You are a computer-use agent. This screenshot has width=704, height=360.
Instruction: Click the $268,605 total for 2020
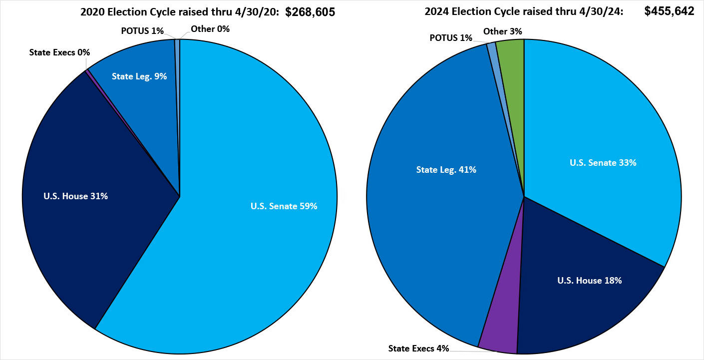point(310,12)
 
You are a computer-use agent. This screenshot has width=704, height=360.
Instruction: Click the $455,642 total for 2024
point(669,11)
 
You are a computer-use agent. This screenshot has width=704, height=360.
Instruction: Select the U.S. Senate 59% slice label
point(284,206)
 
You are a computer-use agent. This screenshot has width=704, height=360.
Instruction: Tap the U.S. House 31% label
point(75,196)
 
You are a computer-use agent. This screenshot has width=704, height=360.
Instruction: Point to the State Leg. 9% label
point(132,76)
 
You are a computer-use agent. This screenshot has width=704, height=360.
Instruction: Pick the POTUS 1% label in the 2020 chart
point(142,30)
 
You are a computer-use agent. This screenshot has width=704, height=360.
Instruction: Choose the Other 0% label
point(210,29)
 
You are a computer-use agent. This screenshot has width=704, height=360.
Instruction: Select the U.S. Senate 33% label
point(603,162)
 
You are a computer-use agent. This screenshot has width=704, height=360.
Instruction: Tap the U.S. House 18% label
point(589,281)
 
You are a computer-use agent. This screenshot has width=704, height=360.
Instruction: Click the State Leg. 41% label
point(446,170)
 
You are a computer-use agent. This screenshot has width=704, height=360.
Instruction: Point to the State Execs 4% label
point(418,348)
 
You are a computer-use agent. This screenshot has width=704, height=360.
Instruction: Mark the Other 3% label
point(503,31)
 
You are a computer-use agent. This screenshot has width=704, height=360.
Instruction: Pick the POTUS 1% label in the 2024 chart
point(450,38)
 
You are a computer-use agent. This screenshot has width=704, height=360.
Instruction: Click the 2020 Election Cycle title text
point(180,13)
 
